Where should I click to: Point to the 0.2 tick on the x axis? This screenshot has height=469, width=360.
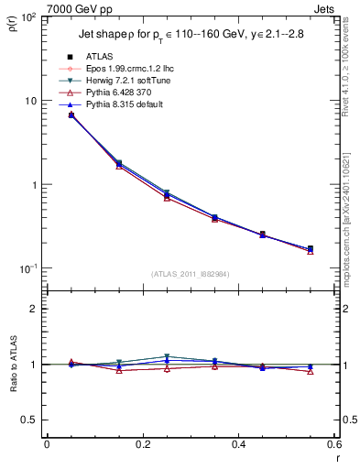click(x=142, y=445)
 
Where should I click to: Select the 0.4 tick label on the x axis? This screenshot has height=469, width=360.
click(x=238, y=445)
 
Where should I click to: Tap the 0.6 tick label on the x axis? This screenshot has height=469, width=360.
click(x=333, y=445)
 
